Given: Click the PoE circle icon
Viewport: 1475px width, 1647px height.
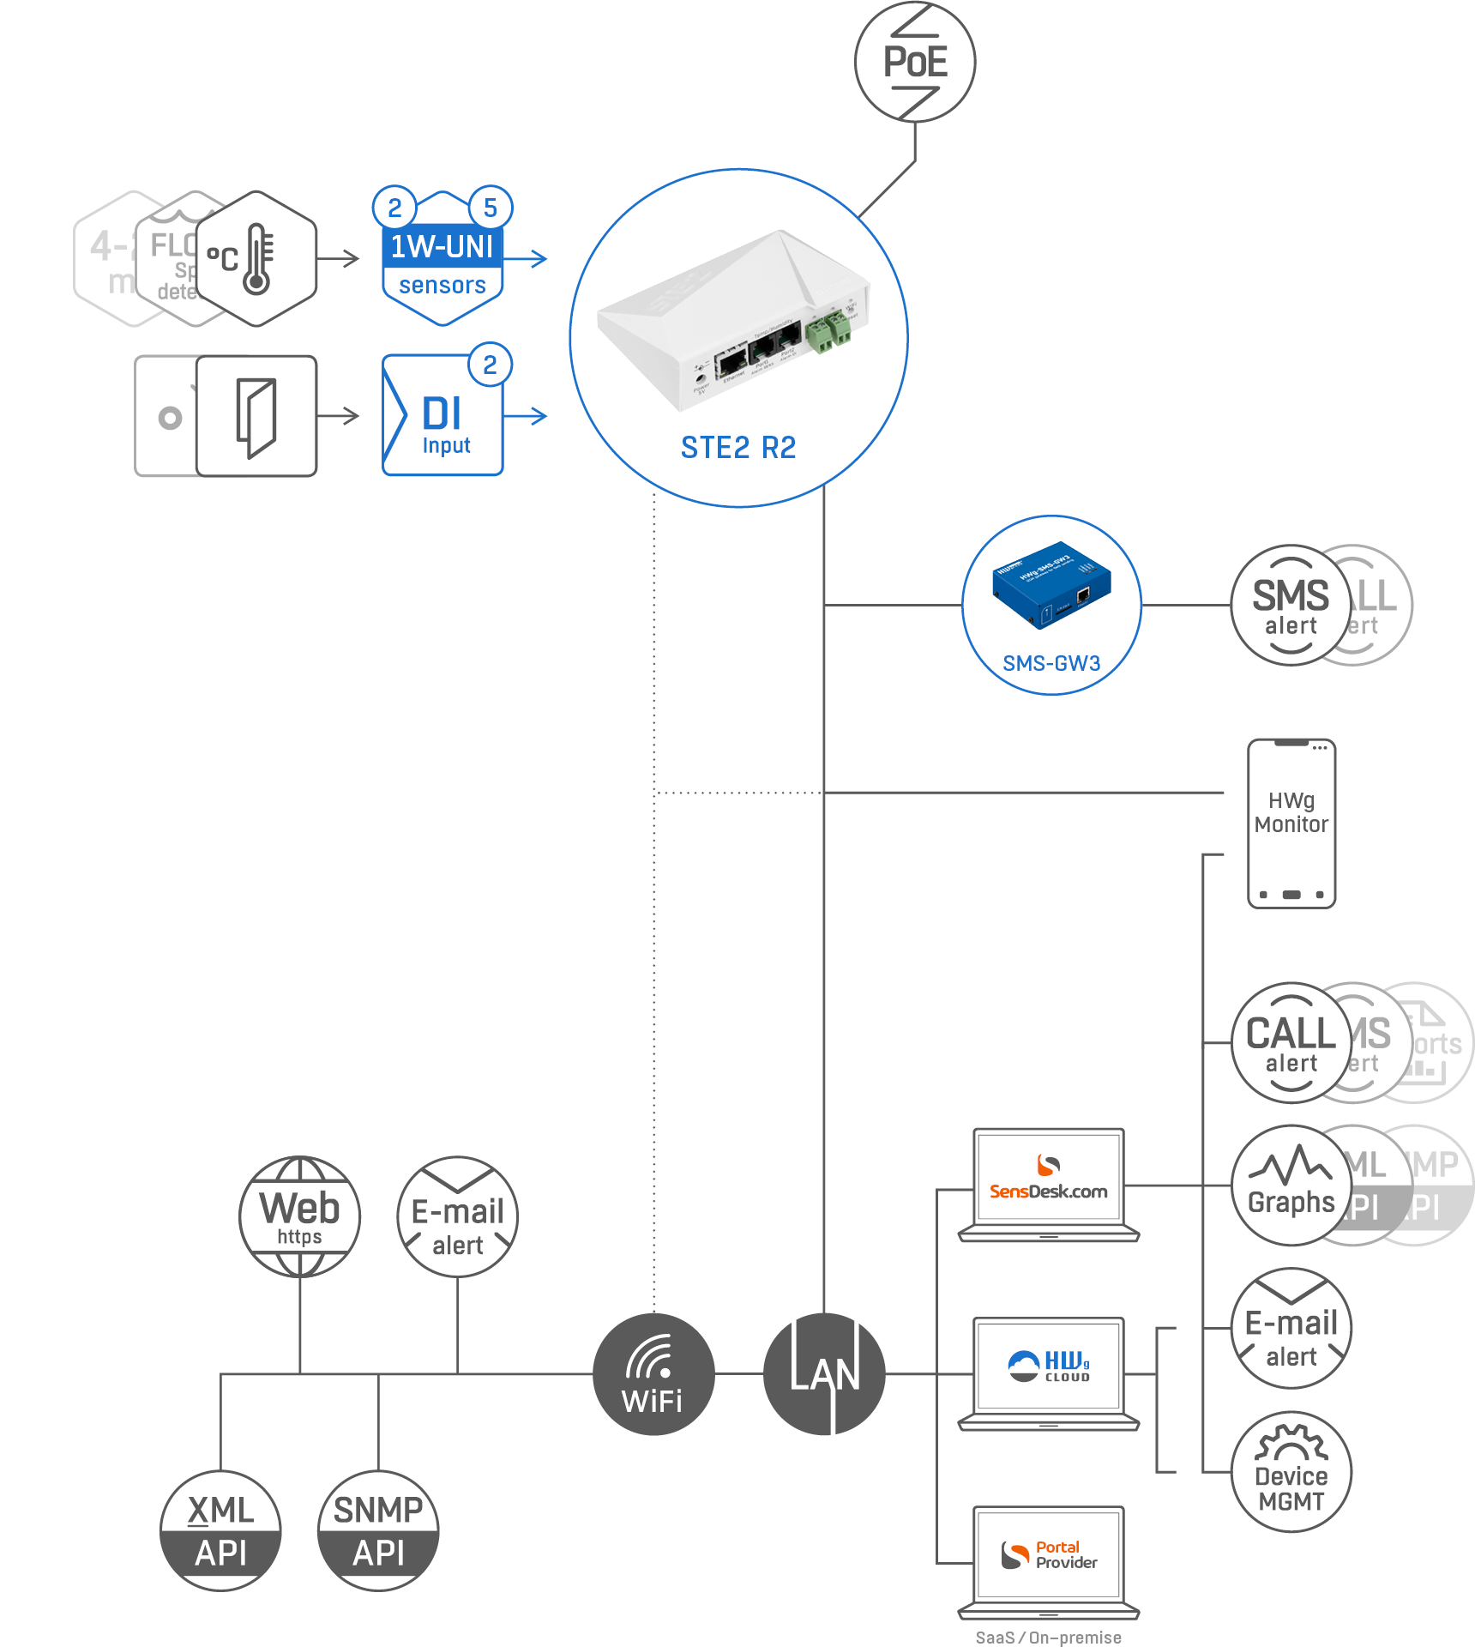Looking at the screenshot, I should pyautogui.click(x=915, y=62).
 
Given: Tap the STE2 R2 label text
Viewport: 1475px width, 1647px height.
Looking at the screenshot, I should pyautogui.click(x=738, y=447).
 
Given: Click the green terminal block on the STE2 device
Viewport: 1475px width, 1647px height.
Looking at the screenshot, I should pyautogui.click(x=828, y=331).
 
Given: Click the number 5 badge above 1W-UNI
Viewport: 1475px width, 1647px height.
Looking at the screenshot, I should pyautogui.click(x=491, y=208).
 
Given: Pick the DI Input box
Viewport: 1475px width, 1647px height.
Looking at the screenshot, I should pyautogui.click(x=442, y=416).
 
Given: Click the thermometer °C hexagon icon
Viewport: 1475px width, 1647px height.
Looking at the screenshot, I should pyautogui.click(x=256, y=258).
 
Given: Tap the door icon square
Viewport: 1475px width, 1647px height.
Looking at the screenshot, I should pyautogui.click(x=256, y=416).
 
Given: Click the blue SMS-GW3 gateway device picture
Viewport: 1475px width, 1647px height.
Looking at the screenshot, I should pyautogui.click(x=1051, y=584).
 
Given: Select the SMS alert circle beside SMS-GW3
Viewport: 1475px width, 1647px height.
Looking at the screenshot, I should pyautogui.click(x=1291, y=605).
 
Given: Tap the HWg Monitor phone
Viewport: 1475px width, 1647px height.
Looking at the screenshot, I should pyautogui.click(x=1291, y=823).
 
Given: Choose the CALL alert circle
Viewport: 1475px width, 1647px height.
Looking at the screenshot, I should pyautogui.click(x=1291, y=1043).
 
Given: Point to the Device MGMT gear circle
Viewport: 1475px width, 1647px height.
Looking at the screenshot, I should pyautogui.click(x=1291, y=1472).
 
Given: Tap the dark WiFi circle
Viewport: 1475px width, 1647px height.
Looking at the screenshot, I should pyautogui.click(x=653, y=1374).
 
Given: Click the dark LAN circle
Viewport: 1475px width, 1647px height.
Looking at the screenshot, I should pyautogui.click(x=824, y=1374).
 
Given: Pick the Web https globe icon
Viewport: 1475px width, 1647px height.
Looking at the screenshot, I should pyautogui.click(x=299, y=1216).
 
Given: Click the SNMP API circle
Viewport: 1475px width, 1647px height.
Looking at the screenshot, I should pyautogui.click(x=378, y=1531).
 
